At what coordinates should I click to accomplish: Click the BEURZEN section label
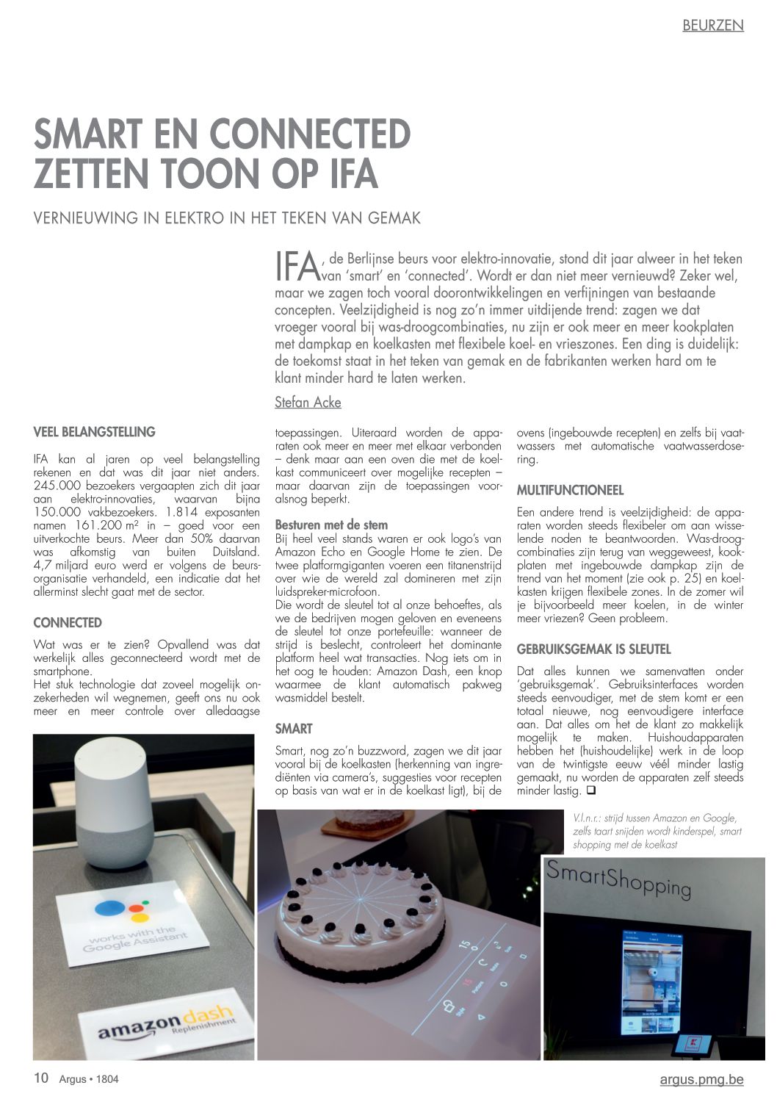(x=712, y=26)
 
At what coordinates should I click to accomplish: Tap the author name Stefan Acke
(x=308, y=403)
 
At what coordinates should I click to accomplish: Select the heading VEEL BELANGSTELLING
(x=94, y=432)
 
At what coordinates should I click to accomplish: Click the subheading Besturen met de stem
(x=331, y=525)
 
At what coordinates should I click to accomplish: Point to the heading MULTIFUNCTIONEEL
(x=570, y=490)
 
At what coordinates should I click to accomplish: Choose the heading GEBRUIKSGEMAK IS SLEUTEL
(x=593, y=649)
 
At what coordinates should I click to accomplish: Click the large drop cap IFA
(x=297, y=267)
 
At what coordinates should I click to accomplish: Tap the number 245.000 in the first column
(x=57, y=486)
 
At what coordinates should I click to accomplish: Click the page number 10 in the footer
(x=41, y=1078)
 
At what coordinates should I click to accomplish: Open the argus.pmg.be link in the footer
(x=701, y=1079)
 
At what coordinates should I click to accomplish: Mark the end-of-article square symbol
(x=590, y=791)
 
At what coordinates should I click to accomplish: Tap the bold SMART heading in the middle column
(x=293, y=729)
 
